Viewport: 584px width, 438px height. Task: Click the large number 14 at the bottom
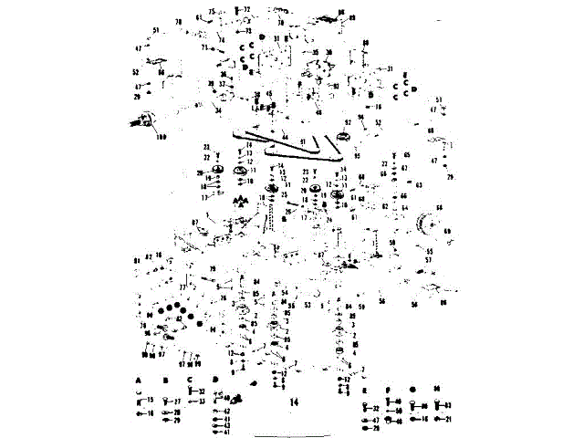tap(294, 401)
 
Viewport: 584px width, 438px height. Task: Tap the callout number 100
tap(162, 137)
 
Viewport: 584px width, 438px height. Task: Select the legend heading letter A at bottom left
tap(140, 378)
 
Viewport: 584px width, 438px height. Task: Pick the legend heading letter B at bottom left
tap(166, 378)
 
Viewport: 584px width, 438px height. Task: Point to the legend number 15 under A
tap(150, 401)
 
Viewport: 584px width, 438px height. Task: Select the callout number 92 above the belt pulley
tap(348, 122)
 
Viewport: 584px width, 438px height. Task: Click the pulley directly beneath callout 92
tap(346, 138)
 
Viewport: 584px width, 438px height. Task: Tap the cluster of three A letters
tap(241, 198)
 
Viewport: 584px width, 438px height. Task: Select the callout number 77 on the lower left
tap(182, 287)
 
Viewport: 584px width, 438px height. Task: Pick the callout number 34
tap(218, 110)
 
